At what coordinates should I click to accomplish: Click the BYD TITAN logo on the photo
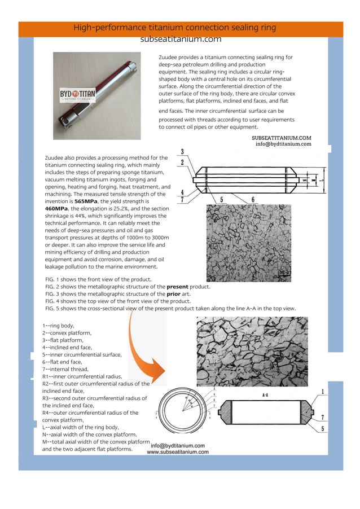(x=78, y=94)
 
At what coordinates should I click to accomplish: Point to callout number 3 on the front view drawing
(x=182, y=151)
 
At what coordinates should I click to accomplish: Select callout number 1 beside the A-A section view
(x=322, y=392)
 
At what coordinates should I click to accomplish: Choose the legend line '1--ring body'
(x=58, y=326)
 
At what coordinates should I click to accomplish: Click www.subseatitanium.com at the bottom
(x=178, y=452)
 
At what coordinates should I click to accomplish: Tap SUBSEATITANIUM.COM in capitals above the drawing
(x=282, y=137)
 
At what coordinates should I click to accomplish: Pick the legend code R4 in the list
(x=47, y=413)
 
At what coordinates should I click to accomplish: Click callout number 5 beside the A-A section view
(x=322, y=429)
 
